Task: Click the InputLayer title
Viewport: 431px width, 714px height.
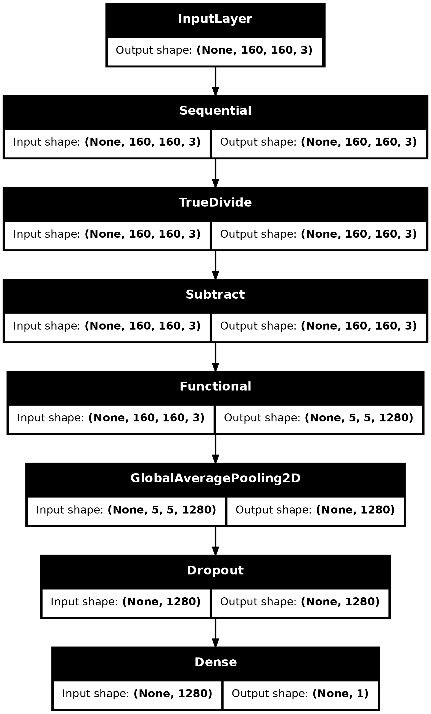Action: tap(215, 19)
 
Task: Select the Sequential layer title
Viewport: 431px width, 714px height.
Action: tap(215, 111)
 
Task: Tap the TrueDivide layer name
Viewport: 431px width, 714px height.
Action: tap(215, 202)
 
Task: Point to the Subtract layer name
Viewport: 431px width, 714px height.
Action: tap(215, 295)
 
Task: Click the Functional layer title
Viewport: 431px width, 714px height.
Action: tap(215, 387)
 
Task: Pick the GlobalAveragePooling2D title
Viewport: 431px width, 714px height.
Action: tap(215, 478)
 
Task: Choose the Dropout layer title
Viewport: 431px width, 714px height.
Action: tap(215, 571)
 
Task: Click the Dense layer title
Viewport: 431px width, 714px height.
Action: tap(215, 662)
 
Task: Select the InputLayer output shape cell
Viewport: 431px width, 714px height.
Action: tap(215, 50)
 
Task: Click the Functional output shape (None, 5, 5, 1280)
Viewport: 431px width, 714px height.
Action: tap(319, 418)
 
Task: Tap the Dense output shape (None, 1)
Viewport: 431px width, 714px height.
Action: tap(300, 694)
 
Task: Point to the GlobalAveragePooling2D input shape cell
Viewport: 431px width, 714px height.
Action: tap(126, 510)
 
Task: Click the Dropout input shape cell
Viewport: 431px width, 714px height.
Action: tap(126, 602)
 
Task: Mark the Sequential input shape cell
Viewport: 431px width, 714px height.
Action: tap(107, 142)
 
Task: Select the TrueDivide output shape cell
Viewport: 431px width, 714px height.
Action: tap(319, 234)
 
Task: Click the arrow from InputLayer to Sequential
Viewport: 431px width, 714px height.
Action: tap(215, 81)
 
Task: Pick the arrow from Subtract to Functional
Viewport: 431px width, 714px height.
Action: tap(215, 357)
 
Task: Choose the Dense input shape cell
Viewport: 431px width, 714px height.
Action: tap(137, 694)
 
